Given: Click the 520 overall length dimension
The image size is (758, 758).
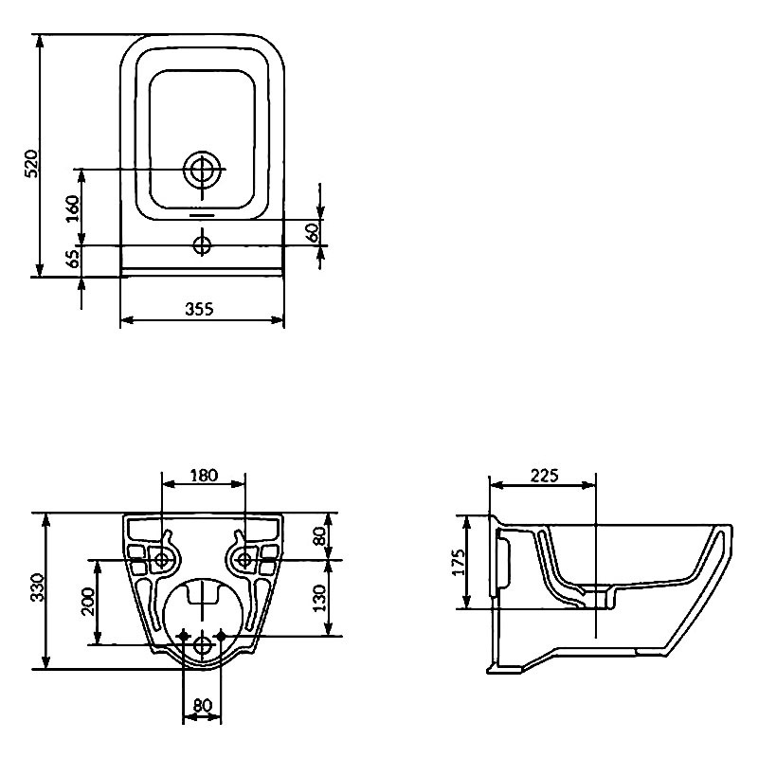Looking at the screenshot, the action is pyautogui.click(x=31, y=163).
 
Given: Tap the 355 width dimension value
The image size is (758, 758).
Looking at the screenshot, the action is pyautogui.click(x=199, y=309).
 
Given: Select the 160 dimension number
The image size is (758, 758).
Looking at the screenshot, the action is pyautogui.click(x=72, y=208).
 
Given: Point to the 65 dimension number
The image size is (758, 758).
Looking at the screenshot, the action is pyautogui.click(x=73, y=259).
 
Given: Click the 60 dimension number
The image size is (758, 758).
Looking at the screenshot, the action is pyautogui.click(x=314, y=232).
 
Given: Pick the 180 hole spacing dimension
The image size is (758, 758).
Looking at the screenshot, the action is pyautogui.click(x=204, y=476).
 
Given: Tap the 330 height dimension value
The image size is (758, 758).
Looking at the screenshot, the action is pyautogui.click(x=37, y=587).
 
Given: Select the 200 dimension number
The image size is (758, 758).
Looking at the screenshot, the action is pyautogui.click(x=88, y=601).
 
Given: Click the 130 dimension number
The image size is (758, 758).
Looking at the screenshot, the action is pyautogui.click(x=319, y=598).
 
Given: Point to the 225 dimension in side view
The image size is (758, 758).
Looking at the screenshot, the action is pyautogui.click(x=544, y=476).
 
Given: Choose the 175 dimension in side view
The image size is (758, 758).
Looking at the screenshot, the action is pyautogui.click(x=458, y=562).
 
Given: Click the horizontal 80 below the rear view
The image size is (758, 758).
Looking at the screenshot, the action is pyautogui.click(x=203, y=705).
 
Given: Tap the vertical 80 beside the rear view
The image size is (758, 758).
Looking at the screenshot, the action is pyautogui.click(x=319, y=536).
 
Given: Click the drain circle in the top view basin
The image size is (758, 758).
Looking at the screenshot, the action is pyautogui.click(x=203, y=170).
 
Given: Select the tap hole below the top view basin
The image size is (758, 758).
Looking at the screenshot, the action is pyautogui.click(x=203, y=245).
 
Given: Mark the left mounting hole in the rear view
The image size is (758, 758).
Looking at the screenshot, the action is pyautogui.click(x=161, y=560).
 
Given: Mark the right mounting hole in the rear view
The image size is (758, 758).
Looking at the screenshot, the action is pyautogui.click(x=244, y=560).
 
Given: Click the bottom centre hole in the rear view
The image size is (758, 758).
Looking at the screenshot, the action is pyautogui.click(x=203, y=645).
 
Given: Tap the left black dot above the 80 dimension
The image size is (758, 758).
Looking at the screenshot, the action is pyautogui.click(x=184, y=636).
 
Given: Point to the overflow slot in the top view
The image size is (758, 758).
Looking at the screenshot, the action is pyautogui.click(x=203, y=214).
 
